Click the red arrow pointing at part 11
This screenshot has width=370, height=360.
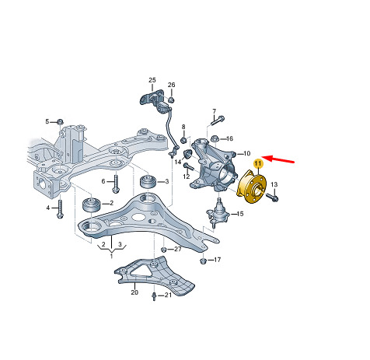pos(278,159)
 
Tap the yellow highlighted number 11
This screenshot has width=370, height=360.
pos(258,163)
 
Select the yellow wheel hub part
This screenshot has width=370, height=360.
pos(251,187)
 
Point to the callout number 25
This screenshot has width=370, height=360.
pos(152,80)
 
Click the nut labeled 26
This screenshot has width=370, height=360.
pos(171,100)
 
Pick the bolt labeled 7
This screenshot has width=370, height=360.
pos(218,121)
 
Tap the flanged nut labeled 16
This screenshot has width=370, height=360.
pos(215,139)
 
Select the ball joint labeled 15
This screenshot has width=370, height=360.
pos(218,212)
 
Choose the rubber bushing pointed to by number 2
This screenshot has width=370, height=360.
pos(92,204)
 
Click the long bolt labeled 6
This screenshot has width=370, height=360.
pos(116,183)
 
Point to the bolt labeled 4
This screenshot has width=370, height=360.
pos(60,209)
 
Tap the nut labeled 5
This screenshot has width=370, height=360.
pos(61,121)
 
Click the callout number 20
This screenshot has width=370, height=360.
pos(134,292)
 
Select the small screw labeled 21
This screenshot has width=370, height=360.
pos(154,296)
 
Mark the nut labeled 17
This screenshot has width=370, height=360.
pos(203,260)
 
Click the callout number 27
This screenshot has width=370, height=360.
pos(177,249)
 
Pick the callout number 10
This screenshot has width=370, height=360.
pos(246,153)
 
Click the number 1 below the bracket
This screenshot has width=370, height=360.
pos(111,257)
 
